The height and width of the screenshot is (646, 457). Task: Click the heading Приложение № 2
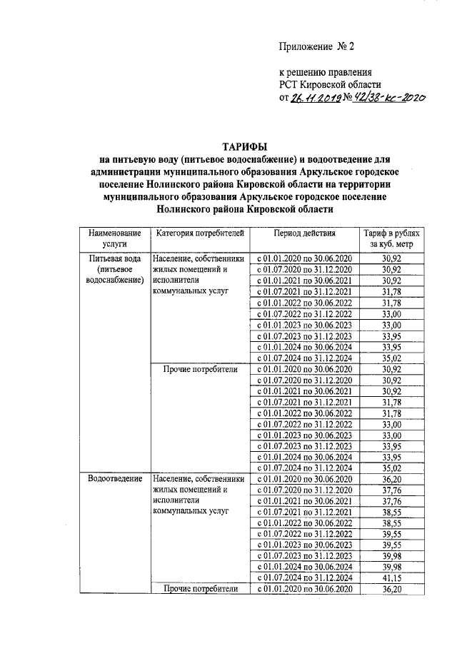point(316,47)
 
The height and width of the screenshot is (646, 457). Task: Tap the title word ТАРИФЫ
point(228,148)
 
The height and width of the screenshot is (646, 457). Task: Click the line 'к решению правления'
point(324,73)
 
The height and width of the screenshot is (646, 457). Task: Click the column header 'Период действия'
point(303,233)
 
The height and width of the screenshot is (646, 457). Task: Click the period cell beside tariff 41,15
point(303,577)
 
